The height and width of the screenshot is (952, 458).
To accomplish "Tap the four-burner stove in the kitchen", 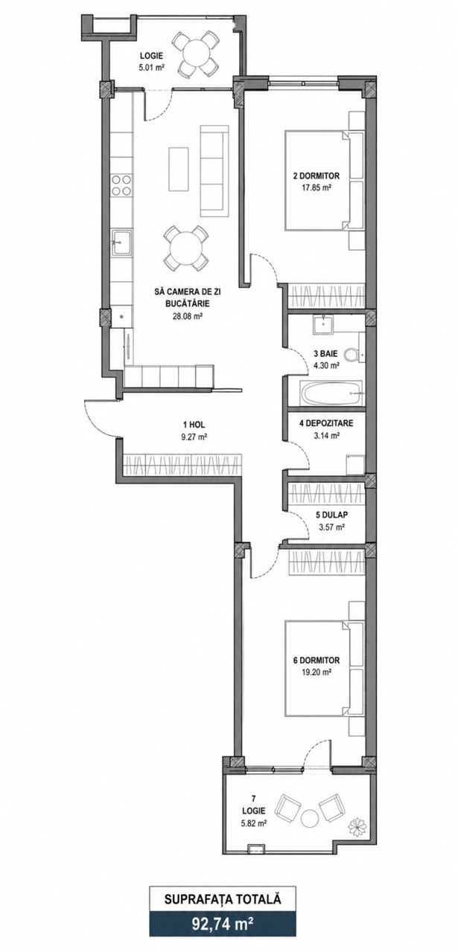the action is [x=121, y=185].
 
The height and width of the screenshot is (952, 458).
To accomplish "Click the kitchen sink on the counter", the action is [x=122, y=243].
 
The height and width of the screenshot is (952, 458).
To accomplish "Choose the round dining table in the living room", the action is [x=186, y=248].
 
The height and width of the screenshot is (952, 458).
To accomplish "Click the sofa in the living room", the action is [x=211, y=170].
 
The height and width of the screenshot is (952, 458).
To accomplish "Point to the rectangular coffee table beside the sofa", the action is [x=178, y=169].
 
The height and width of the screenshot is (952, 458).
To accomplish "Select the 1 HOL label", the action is [x=194, y=424].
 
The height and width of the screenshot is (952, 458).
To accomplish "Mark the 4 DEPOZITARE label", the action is [x=326, y=423].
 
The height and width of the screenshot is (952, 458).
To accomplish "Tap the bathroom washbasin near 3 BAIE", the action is [x=323, y=325].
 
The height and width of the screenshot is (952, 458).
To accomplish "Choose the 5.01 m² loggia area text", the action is [x=152, y=67].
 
